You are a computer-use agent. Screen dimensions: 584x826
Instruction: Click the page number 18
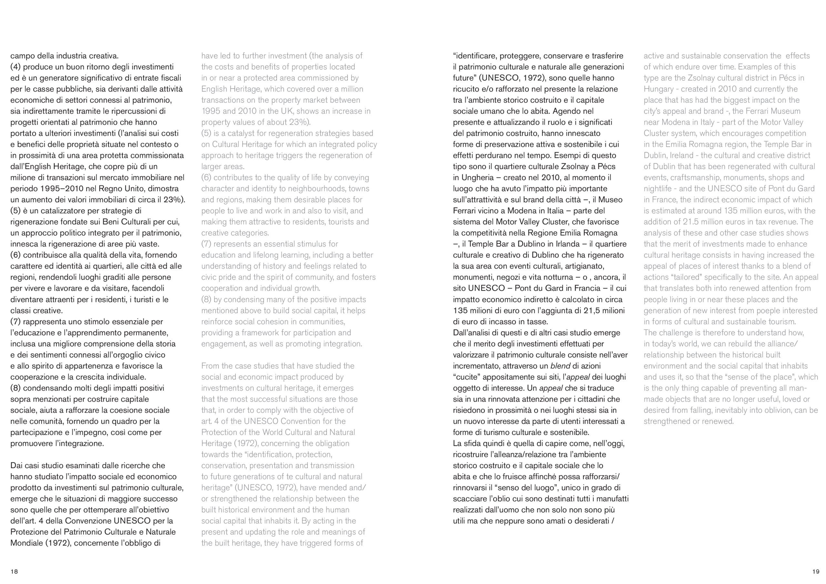(14, 571)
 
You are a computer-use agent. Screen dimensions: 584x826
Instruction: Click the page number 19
(816, 571)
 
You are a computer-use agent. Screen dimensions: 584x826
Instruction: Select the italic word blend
(560, 366)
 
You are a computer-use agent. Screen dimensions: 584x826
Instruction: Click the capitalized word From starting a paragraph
(210, 366)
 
